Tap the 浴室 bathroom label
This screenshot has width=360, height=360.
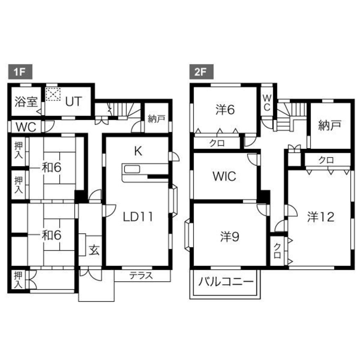pyautogui.click(x=26, y=102)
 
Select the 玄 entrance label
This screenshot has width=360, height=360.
pyautogui.click(x=94, y=250)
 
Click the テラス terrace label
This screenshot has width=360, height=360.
pyautogui.click(x=141, y=276)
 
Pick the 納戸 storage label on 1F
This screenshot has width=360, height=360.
pyautogui.click(x=156, y=119)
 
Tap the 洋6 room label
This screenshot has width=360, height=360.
pyautogui.click(x=225, y=110)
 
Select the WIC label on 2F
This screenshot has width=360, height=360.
pyautogui.click(x=224, y=176)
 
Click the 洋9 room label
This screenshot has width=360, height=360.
pyautogui.click(x=230, y=236)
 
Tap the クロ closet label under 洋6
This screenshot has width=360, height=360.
pyautogui.click(x=217, y=143)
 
